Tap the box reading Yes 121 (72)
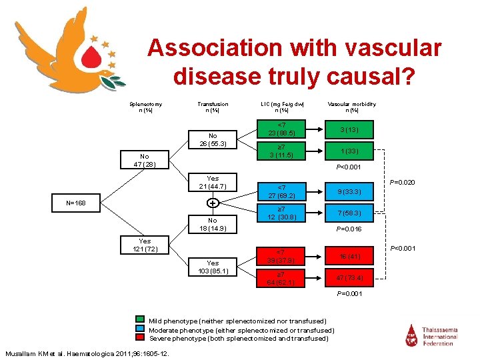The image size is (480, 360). pyautogui.click(x=145, y=245)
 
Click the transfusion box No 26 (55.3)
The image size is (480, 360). pyautogui.click(x=213, y=139)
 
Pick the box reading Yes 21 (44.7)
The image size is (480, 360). pyautogui.click(x=213, y=182)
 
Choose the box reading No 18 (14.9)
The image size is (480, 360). pyautogui.click(x=213, y=224)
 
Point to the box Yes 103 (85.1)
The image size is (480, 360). pyautogui.click(x=213, y=267)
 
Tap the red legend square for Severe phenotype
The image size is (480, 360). pyautogui.click(x=139, y=338)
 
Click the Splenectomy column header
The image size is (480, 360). pyautogui.click(x=145, y=107)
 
